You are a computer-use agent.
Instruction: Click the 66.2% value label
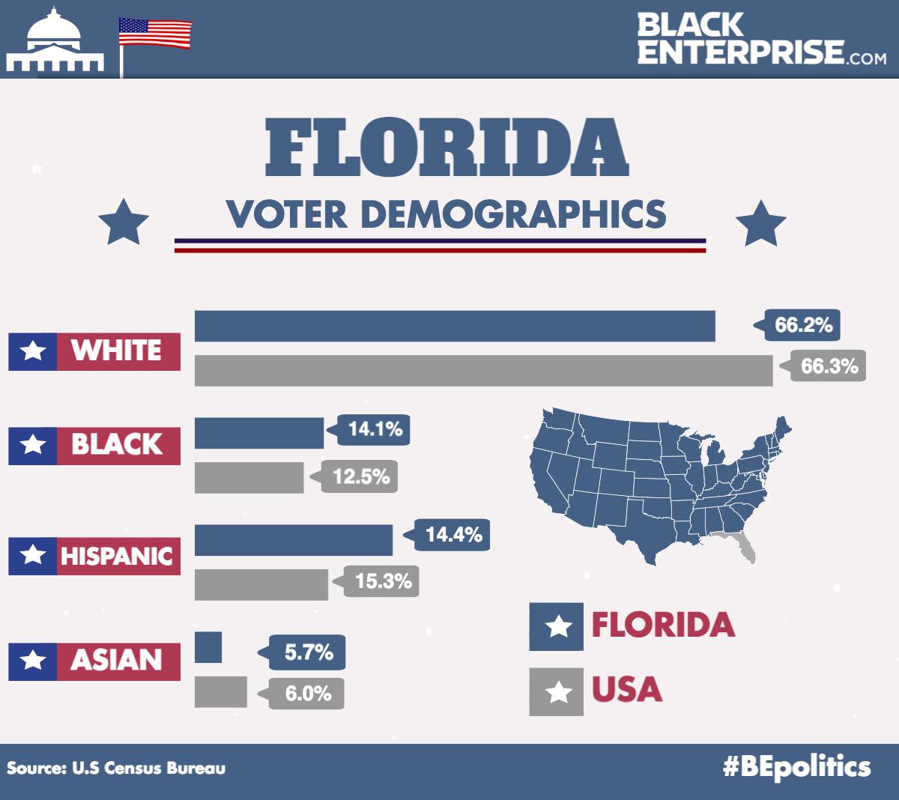802,325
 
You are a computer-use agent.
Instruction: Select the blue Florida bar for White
455,326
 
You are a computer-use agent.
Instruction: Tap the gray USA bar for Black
249,478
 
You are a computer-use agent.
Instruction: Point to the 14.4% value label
452,535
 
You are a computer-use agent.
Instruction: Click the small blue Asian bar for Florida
208,647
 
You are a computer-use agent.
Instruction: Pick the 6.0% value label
307,694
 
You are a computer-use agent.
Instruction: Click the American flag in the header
155,34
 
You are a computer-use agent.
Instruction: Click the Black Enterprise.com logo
761,39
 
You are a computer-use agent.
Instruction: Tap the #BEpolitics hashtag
796,767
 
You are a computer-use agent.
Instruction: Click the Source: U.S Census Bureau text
116,768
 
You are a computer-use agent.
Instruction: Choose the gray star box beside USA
556,691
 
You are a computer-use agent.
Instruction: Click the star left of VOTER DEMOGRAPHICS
124,222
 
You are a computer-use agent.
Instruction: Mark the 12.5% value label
360,476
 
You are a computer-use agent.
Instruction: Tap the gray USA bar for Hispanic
261,584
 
